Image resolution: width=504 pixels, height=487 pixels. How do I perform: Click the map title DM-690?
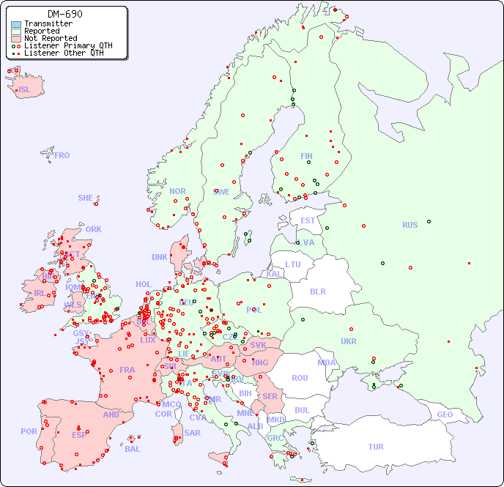coord(65,14)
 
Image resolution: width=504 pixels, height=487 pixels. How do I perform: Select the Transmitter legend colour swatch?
coord(16,23)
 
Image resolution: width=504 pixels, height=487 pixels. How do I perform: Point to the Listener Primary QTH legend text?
coord(68,45)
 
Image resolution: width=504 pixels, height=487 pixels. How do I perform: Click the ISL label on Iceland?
coord(25,90)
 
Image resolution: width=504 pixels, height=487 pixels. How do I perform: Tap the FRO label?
coord(62,155)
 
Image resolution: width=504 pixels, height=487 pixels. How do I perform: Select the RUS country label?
coord(409,225)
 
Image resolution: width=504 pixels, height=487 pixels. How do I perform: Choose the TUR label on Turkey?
coord(376,447)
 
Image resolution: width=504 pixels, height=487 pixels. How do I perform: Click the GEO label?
coord(445,414)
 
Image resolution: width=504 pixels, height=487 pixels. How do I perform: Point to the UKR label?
coord(349,341)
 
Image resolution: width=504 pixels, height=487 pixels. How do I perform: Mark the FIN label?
coord(306,156)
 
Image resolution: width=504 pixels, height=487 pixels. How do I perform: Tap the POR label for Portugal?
coord(29,431)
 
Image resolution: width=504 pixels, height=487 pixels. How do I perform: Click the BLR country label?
coord(317,291)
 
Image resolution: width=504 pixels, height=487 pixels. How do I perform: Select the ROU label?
coord(300,378)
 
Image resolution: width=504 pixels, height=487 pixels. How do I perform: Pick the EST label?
coord(308,220)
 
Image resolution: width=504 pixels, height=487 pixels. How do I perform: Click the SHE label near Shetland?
coord(86,198)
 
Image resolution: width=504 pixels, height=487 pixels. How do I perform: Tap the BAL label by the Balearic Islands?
coord(133,449)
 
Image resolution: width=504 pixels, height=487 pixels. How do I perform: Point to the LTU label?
coord(293,264)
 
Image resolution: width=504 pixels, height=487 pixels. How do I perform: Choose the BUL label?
coord(302,410)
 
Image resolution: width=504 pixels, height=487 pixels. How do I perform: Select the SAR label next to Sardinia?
coord(193,433)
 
